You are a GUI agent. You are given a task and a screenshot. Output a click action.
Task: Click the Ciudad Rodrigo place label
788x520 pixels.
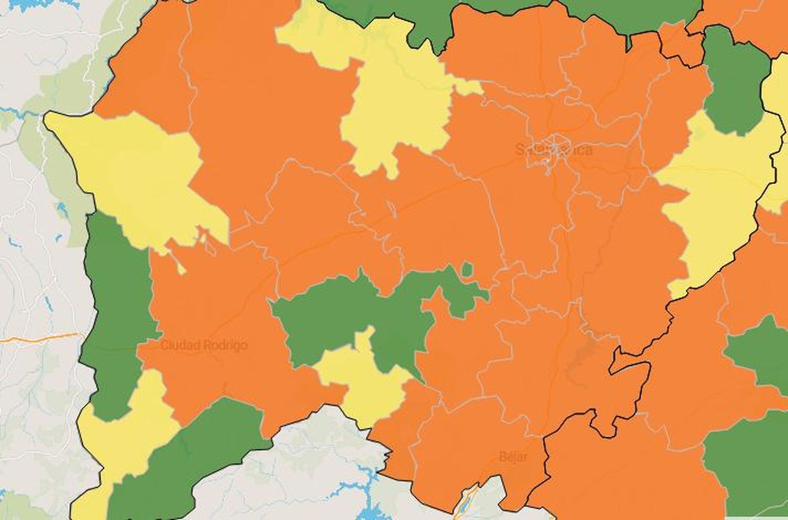pyautogui.click(x=204, y=346)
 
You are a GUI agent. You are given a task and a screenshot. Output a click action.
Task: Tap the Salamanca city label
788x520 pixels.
pyautogui.click(x=554, y=150)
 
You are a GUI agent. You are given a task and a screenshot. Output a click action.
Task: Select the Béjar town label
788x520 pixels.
pyautogui.click(x=512, y=456)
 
